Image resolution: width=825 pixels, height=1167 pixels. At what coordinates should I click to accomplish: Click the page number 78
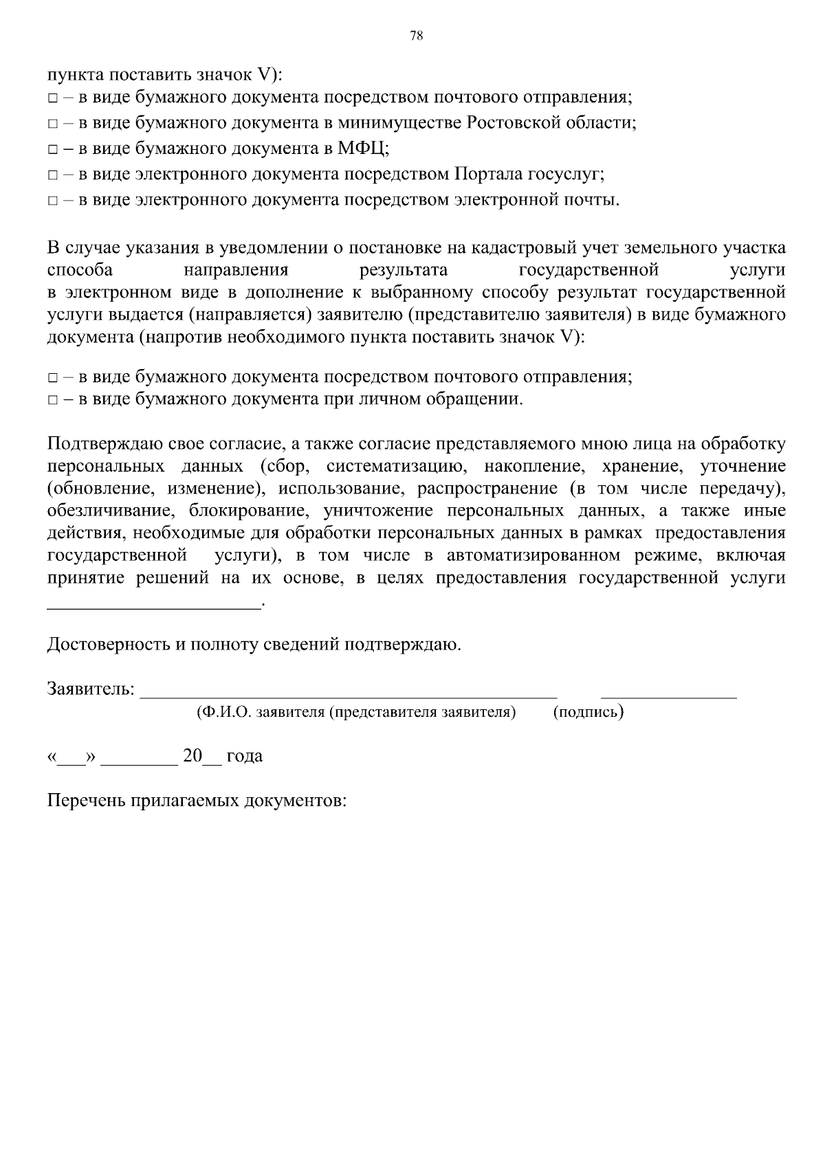pyautogui.click(x=416, y=36)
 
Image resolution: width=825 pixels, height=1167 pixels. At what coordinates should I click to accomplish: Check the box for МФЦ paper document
pyautogui.click(x=53, y=149)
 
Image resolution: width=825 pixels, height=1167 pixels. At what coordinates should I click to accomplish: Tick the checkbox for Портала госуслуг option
pyautogui.click(x=53, y=175)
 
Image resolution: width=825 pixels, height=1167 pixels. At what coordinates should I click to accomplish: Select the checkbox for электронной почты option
pyautogui.click(x=53, y=201)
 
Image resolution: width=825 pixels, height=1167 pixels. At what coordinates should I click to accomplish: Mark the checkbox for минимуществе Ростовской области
pyautogui.click(x=53, y=124)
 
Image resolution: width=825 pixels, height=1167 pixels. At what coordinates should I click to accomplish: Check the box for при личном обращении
pyautogui.click(x=53, y=400)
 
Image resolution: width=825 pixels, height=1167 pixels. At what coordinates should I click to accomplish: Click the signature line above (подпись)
pyautogui.click(x=668, y=696)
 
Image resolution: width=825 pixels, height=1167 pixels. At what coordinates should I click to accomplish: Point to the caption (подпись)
pyautogui.click(x=588, y=712)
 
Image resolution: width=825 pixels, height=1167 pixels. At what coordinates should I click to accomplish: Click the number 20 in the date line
pyautogui.click(x=192, y=756)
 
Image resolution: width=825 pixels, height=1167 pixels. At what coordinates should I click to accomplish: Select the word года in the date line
pyautogui.click(x=244, y=757)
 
